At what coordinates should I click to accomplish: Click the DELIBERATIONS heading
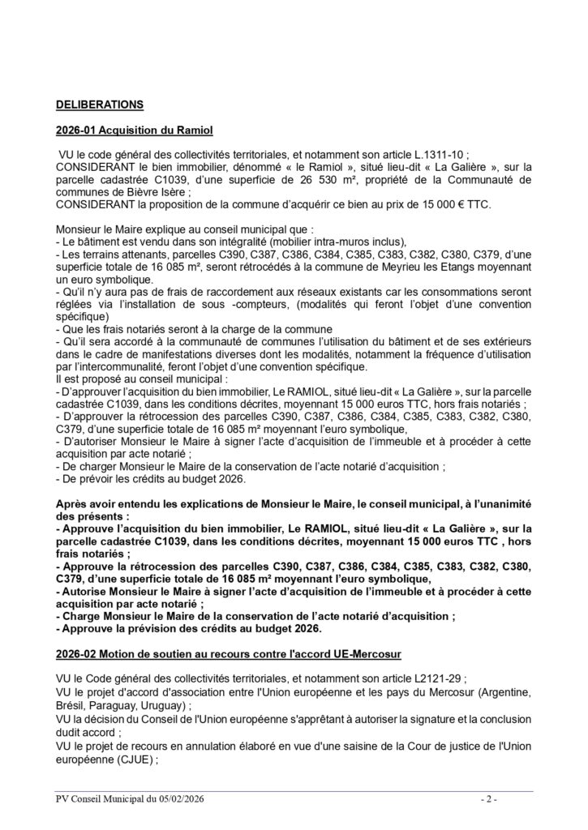coord(99,105)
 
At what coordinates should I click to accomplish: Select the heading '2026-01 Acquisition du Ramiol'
coord(134,130)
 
